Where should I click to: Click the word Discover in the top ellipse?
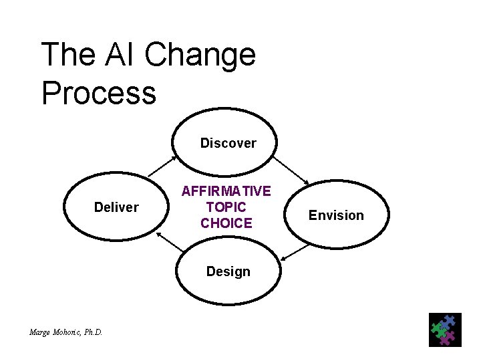[x=228, y=143]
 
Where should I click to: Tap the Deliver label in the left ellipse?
[x=116, y=207]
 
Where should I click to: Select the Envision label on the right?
[x=336, y=215]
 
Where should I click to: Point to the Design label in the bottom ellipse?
[x=228, y=271]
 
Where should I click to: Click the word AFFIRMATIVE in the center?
[x=226, y=192]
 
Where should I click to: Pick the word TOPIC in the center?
[x=226, y=207]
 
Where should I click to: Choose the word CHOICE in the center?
[x=226, y=223]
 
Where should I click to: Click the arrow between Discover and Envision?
[x=291, y=170]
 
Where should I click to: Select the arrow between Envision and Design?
[x=294, y=251]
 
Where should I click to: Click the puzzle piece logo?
[x=444, y=330]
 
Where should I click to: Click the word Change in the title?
[x=200, y=55]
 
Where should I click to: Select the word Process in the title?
[x=99, y=92]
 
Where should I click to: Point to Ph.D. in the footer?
[x=94, y=332]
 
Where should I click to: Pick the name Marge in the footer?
[x=40, y=332]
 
